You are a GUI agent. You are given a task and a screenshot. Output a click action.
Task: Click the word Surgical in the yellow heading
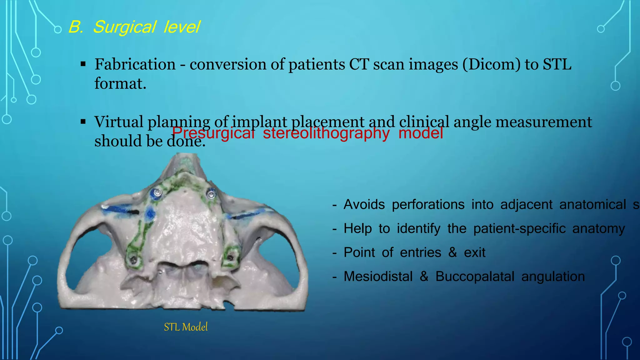point(124,27)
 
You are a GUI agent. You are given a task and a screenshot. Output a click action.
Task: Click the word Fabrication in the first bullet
point(135,65)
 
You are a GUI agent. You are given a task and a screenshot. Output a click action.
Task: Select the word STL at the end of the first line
point(557,65)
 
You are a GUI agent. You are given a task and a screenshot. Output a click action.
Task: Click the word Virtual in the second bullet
point(119,122)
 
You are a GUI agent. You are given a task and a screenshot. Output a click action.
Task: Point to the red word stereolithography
point(326,133)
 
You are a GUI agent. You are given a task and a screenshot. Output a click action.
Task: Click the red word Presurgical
point(213,133)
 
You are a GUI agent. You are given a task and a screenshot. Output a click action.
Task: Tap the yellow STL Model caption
point(186,327)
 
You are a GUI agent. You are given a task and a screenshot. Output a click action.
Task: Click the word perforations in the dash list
point(428,205)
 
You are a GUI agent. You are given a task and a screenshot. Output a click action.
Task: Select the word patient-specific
point(519,229)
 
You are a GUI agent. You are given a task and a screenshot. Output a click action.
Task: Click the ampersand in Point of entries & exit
point(452,252)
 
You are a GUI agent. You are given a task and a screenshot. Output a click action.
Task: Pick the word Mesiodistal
point(378,277)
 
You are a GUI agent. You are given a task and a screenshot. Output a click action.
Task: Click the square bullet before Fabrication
point(83,64)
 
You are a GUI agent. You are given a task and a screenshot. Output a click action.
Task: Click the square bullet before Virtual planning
point(83,122)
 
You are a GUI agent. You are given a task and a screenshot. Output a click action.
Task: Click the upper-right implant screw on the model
point(212,194)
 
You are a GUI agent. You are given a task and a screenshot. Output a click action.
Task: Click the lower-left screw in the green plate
point(134,259)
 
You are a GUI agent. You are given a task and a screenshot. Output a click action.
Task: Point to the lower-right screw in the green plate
point(231,258)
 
